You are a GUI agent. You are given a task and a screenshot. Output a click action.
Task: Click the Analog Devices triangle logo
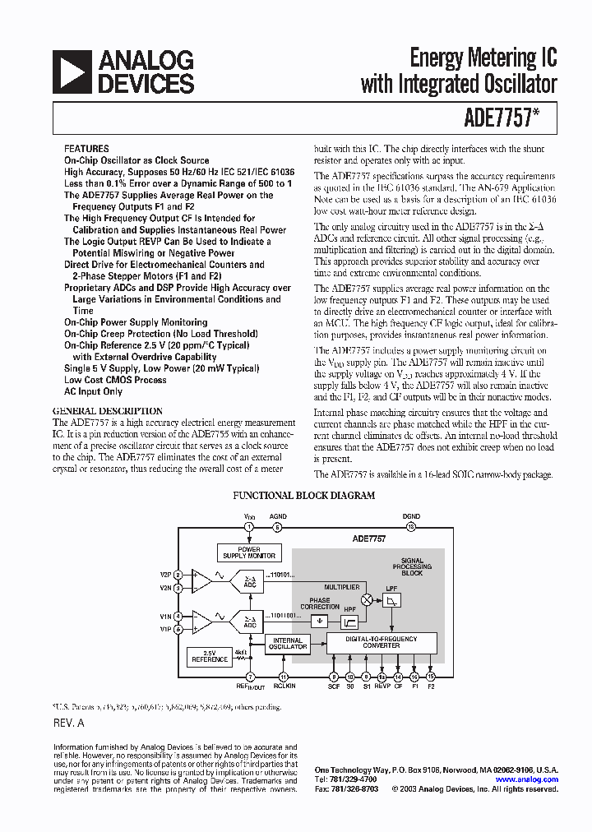pos(72,72)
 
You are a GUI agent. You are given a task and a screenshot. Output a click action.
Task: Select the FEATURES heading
pos(86,149)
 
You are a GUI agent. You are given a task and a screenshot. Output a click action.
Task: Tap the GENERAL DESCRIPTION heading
pos(107,411)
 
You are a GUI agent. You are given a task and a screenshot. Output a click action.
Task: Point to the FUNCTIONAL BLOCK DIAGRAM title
pos(304,496)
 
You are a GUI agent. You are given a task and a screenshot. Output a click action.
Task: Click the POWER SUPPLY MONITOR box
pos(249,552)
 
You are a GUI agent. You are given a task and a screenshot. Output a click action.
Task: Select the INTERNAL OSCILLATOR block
pos(288,644)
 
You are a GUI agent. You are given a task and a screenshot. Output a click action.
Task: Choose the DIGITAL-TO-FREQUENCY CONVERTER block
pos(381,642)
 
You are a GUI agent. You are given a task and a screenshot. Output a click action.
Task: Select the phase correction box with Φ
pos(320,622)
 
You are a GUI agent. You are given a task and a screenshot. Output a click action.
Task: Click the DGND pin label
pos(411,516)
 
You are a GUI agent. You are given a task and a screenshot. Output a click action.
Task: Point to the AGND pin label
pos(278,516)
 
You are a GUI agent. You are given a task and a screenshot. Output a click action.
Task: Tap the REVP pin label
pos(382,685)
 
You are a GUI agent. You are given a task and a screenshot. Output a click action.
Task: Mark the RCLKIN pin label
pos(284,685)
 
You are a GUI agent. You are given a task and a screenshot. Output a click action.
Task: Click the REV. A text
pos(68,723)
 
